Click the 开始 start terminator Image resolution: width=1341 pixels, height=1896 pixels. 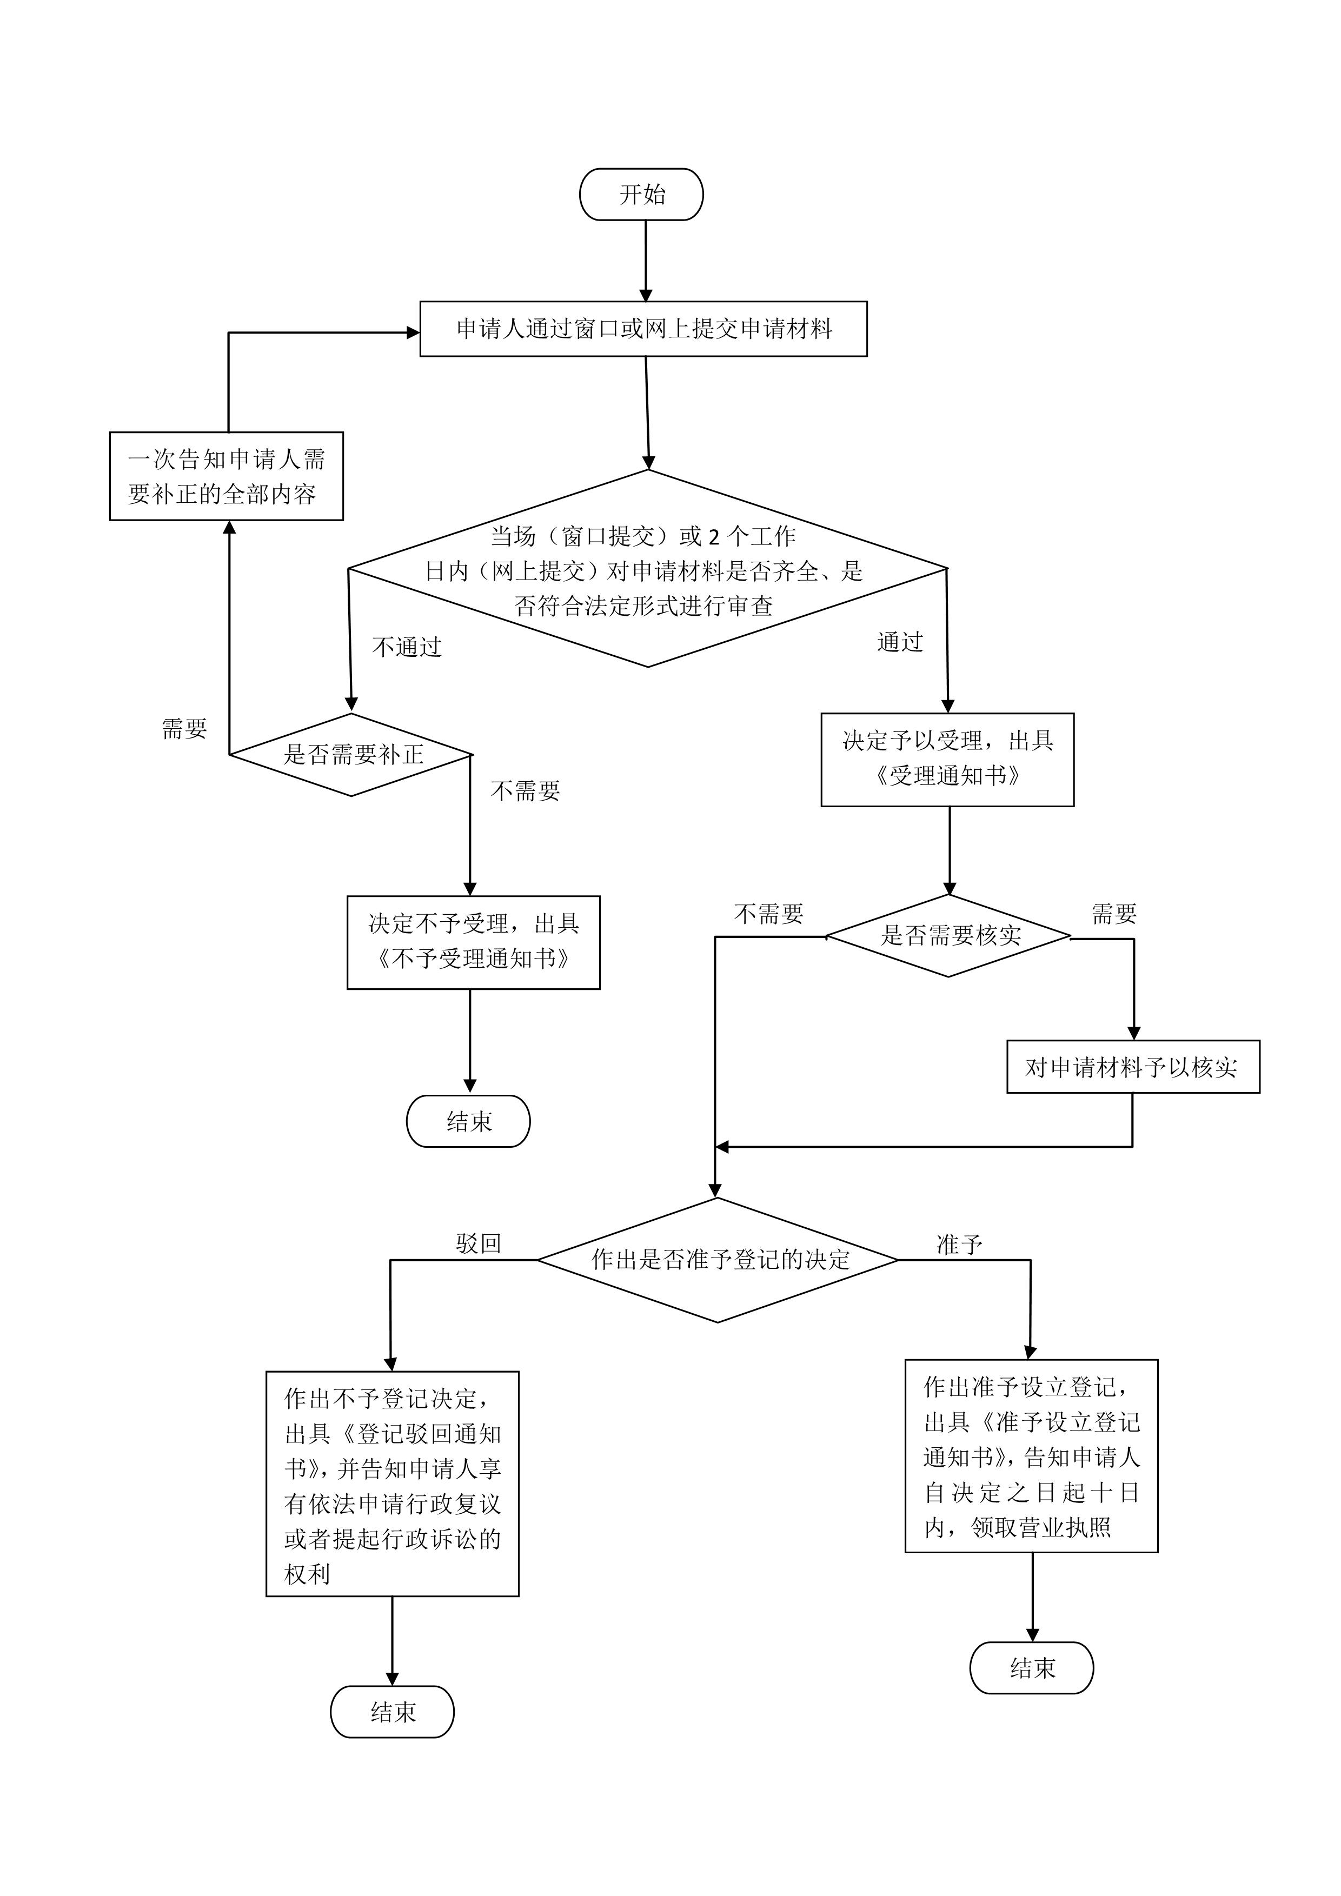coord(642,194)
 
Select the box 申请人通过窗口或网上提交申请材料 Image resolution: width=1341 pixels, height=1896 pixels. coord(643,329)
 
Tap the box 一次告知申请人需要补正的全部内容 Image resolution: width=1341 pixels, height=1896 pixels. coord(226,476)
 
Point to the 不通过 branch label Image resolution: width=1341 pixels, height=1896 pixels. coord(407,647)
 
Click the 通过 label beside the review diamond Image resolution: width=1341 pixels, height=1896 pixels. coord(900,642)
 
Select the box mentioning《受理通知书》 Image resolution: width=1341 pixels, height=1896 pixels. coord(947,760)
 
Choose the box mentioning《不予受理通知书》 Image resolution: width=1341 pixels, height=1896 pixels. coord(473,942)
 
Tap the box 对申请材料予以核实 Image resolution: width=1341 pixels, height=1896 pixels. coord(1133,1067)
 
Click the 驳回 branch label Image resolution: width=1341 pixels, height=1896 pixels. coord(479,1243)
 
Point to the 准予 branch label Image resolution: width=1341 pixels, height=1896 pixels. coord(959,1245)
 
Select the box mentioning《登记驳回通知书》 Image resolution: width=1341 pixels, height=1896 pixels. coord(392,1484)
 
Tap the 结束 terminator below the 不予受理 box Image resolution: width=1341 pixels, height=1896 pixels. coord(468,1121)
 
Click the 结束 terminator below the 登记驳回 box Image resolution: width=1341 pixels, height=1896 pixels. coord(392,1712)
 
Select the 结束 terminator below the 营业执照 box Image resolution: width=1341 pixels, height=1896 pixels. coord(1031,1668)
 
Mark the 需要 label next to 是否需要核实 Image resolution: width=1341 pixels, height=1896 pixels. coord(1114,913)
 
